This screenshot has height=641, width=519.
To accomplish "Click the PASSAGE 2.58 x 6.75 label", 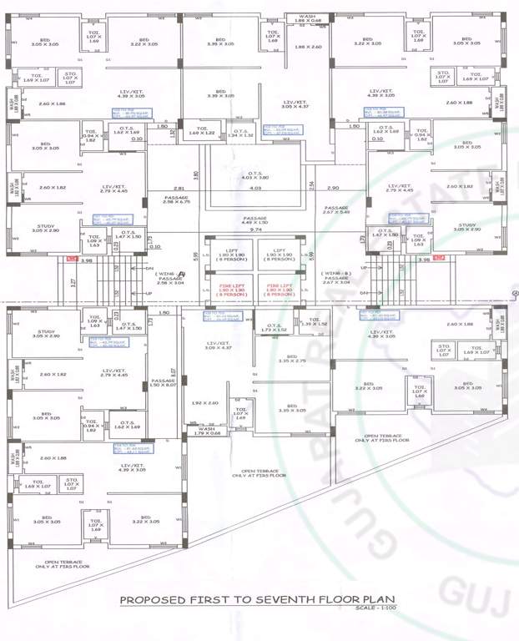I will [x=178, y=199].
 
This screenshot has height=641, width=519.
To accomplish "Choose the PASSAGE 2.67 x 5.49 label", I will [x=336, y=209].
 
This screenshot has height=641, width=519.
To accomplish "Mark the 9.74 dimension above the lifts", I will [x=256, y=240].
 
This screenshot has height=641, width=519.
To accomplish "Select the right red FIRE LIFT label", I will [x=279, y=291].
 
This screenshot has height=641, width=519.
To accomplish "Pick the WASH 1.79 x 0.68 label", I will [x=206, y=431].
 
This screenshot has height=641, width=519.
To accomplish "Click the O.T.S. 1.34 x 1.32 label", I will [x=241, y=132].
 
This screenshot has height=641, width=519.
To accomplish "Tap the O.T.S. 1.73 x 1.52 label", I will [x=273, y=328].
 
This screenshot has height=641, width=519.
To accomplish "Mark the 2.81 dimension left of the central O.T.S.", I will [x=178, y=188].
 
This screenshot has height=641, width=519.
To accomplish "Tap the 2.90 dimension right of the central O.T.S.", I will [x=333, y=188].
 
